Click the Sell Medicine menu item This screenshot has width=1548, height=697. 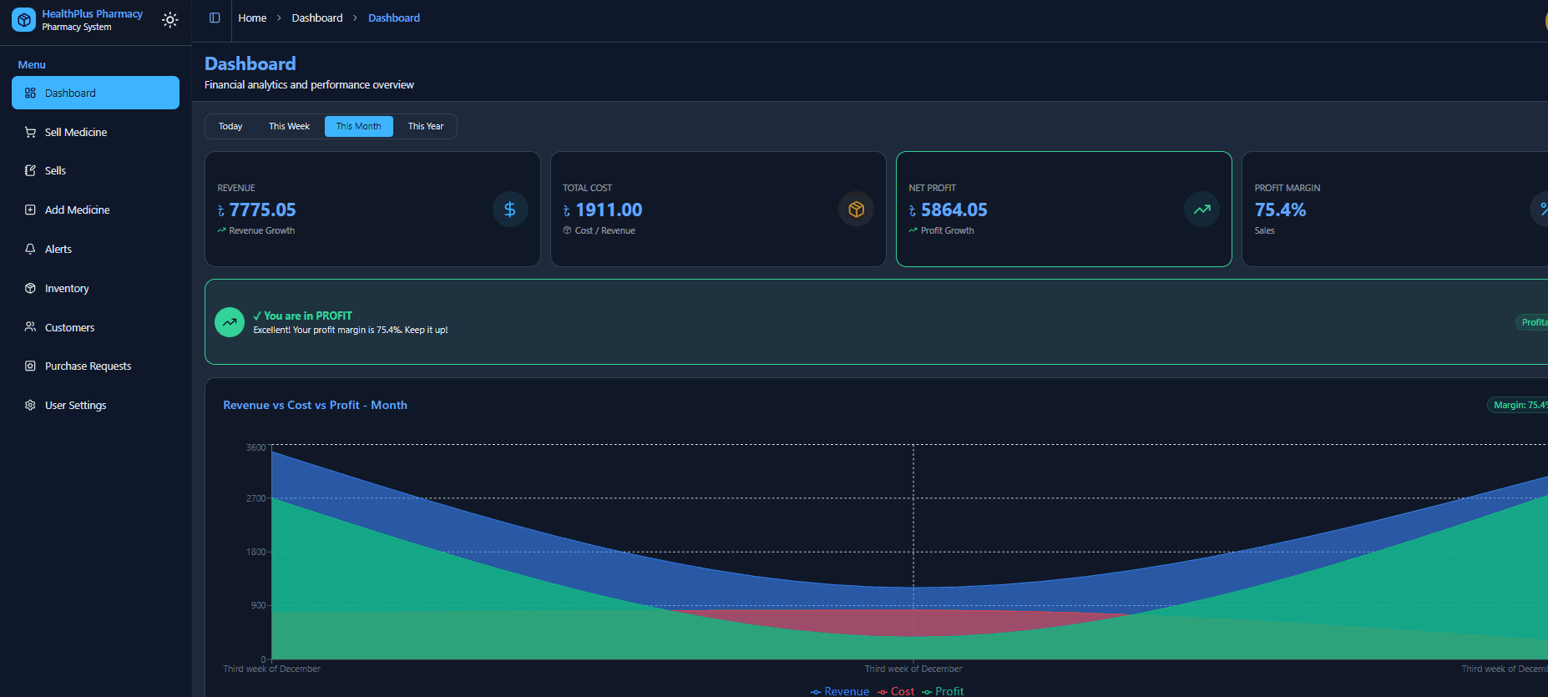(76, 132)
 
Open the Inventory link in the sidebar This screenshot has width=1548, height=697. (67, 288)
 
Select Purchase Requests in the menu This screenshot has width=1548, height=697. (88, 366)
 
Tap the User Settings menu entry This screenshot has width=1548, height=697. (75, 405)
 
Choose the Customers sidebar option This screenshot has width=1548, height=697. (69, 327)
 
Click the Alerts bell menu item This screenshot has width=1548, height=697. (58, 249)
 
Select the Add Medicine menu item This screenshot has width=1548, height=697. (77, 210)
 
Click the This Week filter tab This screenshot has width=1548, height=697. (289, 126)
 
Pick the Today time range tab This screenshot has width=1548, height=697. (230, 126)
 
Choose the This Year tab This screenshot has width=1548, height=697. (426, 126)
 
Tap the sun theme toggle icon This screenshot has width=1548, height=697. (170, 20)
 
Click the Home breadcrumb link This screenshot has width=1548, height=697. (252, 18)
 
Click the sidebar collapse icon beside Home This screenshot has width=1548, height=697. (215, 18)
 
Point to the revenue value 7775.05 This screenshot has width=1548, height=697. (262, 210)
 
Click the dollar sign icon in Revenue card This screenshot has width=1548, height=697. (510, 210)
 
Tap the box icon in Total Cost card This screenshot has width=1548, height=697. (856, 210)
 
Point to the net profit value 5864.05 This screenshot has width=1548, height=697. (954, 210)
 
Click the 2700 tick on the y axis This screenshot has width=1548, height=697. (255, 498)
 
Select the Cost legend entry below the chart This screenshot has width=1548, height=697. (897, 691)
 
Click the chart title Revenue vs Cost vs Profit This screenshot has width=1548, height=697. (315, 405)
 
